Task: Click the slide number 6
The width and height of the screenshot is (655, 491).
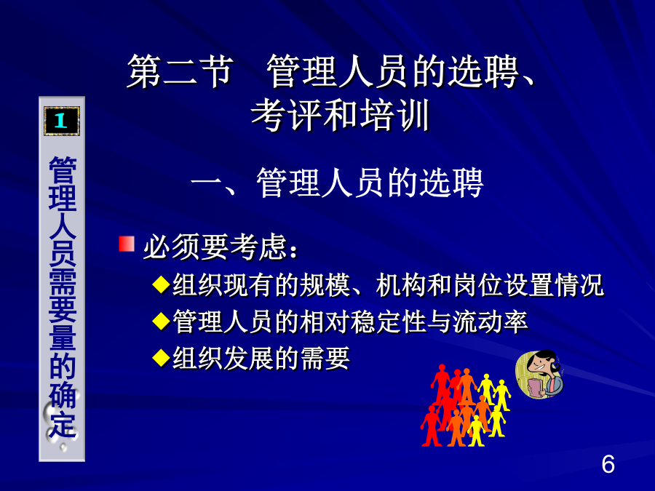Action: [608, 464]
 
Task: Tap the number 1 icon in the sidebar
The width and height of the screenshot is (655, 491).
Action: [62, 121]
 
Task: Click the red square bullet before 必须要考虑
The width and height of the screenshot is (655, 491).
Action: [127, 244]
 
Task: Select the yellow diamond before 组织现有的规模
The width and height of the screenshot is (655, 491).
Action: [162, 285]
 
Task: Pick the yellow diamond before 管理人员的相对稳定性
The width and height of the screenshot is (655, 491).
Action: [162, 322]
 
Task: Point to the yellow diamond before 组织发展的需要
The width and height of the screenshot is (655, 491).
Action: [162, 358]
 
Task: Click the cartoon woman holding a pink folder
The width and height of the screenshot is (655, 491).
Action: [540, 374]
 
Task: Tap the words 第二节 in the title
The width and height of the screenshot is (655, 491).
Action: [180, 71]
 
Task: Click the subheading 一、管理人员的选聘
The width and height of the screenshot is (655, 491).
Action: [337, 183]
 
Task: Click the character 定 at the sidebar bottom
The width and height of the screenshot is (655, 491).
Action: [63, 424]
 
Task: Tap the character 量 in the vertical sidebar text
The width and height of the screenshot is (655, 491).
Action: [63, 337]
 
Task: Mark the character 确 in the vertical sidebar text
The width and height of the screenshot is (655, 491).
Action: [63, 395]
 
